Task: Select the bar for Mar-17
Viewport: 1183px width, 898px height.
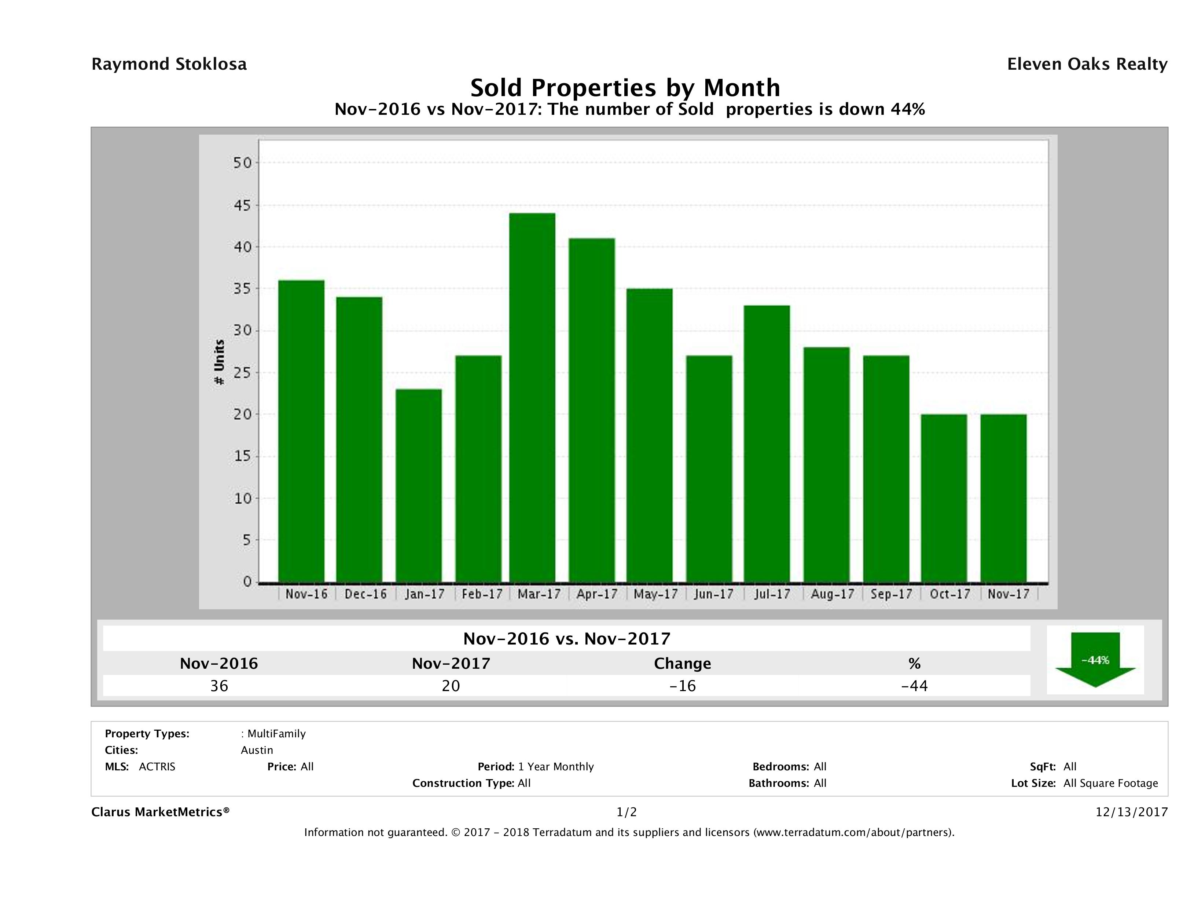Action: tap(532, 398)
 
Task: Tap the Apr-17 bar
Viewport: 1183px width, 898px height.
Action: tap(592, 410)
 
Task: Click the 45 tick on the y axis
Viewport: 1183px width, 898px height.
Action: tap(242, 205)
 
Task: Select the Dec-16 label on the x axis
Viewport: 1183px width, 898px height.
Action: tap(365, 594)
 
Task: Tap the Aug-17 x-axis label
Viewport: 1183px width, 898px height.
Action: tap(832, 594)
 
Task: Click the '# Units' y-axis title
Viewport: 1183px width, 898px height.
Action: tap(219, 362)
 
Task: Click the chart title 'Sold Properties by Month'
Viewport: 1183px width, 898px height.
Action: tap(625, 87)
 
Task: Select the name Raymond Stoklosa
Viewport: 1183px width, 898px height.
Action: tap(169, 64)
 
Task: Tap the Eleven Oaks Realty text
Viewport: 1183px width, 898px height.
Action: tap(1087, 64)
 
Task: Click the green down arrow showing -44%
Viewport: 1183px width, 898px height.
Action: tap(1095, 660)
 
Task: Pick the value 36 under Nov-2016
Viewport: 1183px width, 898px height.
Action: tap(219, 686)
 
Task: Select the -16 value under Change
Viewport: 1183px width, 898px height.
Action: tap(683, 686)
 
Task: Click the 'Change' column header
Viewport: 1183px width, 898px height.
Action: tap(683, 664)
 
